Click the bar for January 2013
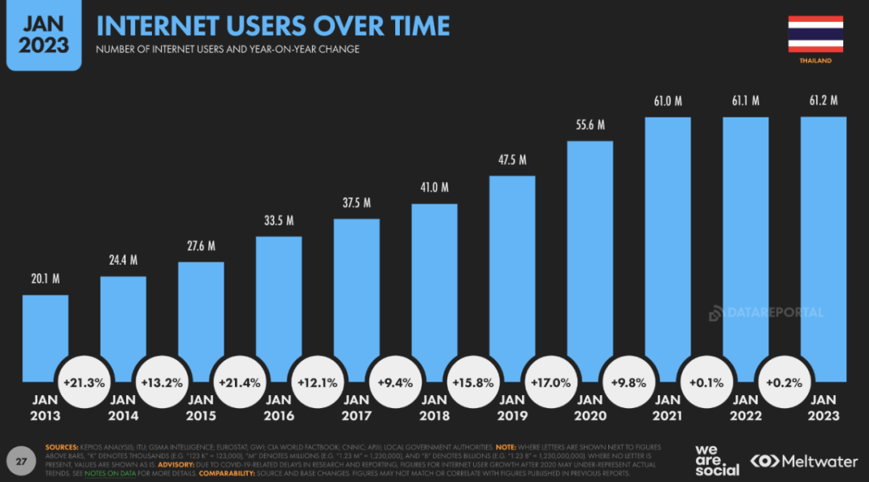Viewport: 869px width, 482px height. (45, 338)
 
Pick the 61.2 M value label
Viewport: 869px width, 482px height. (823, 101)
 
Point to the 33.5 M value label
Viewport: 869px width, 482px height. (278, 220)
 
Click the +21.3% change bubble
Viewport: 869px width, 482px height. (84, 383)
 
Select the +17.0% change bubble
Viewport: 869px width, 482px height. (551, 383)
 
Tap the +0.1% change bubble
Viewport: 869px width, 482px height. (706, 383)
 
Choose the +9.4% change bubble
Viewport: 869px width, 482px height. (395, 383)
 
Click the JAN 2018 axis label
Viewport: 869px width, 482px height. (434, 407)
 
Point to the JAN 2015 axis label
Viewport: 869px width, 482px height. (200, 407)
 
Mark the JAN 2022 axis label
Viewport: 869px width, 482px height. (745, 407)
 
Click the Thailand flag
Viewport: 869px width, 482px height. (815, 34)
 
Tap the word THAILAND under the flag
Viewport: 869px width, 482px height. (815, 61)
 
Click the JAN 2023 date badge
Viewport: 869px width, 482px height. (44, 35)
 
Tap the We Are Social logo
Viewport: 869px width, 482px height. (716, 459)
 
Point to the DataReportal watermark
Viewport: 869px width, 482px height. (766, 313)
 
